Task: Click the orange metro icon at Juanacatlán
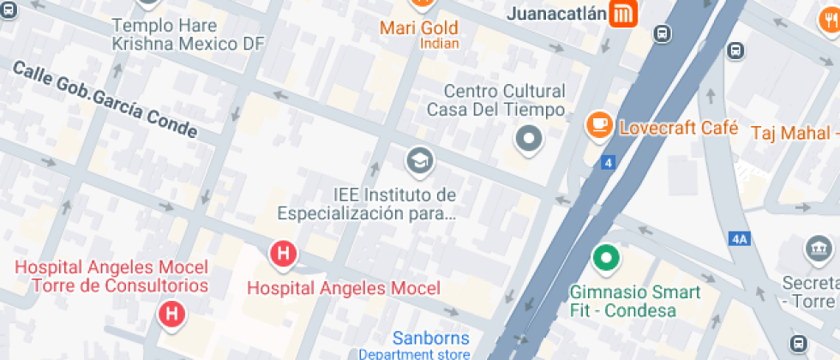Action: (621, 14)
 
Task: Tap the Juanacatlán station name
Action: (557, 14)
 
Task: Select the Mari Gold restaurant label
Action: (419, 28)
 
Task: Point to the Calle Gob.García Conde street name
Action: (105, 100)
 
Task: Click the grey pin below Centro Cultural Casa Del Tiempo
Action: (529, 138)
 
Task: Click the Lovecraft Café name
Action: (679, 128)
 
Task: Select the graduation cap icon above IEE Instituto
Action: (419, 159)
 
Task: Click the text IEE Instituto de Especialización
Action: (367, 204)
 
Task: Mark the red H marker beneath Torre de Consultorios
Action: (172, 314)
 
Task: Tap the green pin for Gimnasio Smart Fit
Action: (607, 256)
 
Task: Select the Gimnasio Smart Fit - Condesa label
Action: (635, 300)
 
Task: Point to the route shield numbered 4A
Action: (739, 239)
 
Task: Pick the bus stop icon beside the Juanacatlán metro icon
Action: (662, 33)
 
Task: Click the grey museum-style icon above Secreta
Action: (818, 249)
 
